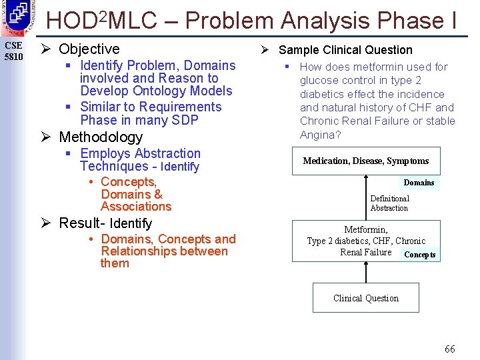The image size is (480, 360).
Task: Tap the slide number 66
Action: pos(450,349)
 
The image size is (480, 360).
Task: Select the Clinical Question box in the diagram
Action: pos(366,298)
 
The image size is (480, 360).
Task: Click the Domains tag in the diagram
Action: pos(419,183)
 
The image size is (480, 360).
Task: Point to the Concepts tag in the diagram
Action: pos(420,255)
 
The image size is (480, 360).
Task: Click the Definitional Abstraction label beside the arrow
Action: pos(389,203)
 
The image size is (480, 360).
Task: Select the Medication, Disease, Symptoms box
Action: pos(366,161)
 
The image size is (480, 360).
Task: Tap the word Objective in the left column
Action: pos(89,49)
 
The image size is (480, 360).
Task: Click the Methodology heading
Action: pos(101,137)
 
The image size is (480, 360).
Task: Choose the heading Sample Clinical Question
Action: pos(345,50)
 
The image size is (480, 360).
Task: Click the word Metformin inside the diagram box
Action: pos(366,229)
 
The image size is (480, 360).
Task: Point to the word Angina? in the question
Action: pos(321,135)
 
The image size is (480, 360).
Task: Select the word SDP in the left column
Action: pos(185,121)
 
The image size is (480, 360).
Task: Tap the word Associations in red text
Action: pos(136,207)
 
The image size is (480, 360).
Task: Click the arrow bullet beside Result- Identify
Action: pos(46,223)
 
